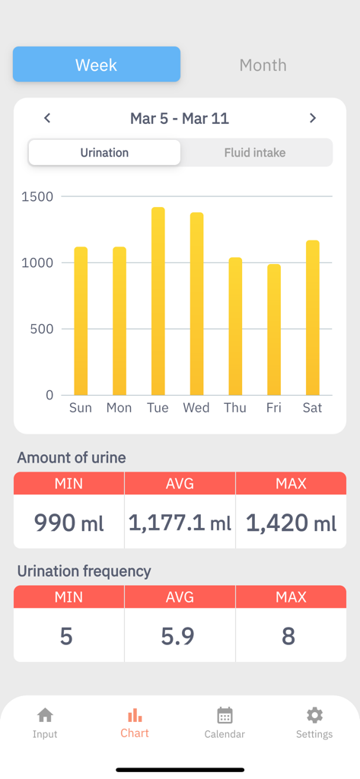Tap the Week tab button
click(x=97, y=65)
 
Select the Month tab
click(x=263, y=65)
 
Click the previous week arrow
click(x=47, y=118)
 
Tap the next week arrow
click(x=312, y=118)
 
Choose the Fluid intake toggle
click(x=255, y=152)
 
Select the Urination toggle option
click(x=104, y=152)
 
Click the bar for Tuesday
click(x=158, y=301)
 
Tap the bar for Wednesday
click(x=196, y=304)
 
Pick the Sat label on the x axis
click(x=312, y=408)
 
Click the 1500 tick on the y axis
click(x=38, y=196)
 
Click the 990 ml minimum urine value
click(x=68, y=522)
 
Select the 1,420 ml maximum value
click(x=291, y=522)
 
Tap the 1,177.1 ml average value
click(x=180, y=522)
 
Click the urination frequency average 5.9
click(x=177, y=636)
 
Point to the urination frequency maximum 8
click(x=288, y=636)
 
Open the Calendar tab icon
click(x=225, y=715)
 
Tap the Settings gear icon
click(x=314, y=715)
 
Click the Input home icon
click(x=45, y=715)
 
